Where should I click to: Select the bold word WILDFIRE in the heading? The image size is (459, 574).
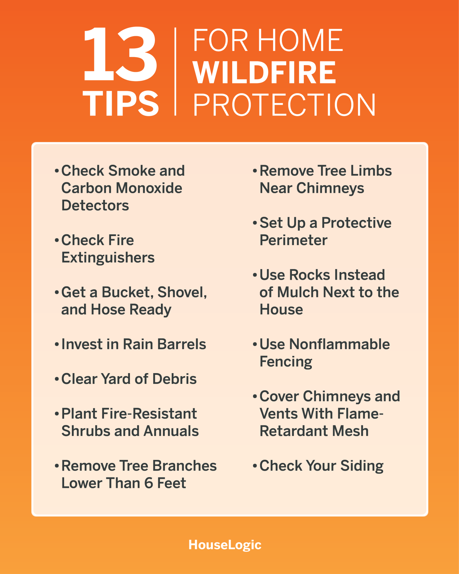coord(264,72)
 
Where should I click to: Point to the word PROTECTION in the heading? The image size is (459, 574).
coord(284,105)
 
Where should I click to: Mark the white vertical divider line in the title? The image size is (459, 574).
coord(175,72)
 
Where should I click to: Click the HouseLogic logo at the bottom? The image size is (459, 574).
coord(225,545)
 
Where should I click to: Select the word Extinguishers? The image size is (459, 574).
coord(108,258)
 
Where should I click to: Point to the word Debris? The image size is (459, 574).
coord(174,379)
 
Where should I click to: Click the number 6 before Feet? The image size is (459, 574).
coord(148,483)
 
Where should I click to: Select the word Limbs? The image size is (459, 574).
coord(371,171)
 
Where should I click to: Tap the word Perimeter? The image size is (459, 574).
coord(293,240)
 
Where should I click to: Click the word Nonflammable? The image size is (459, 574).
coord(340,344)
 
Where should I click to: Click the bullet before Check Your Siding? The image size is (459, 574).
coord(255,466)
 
